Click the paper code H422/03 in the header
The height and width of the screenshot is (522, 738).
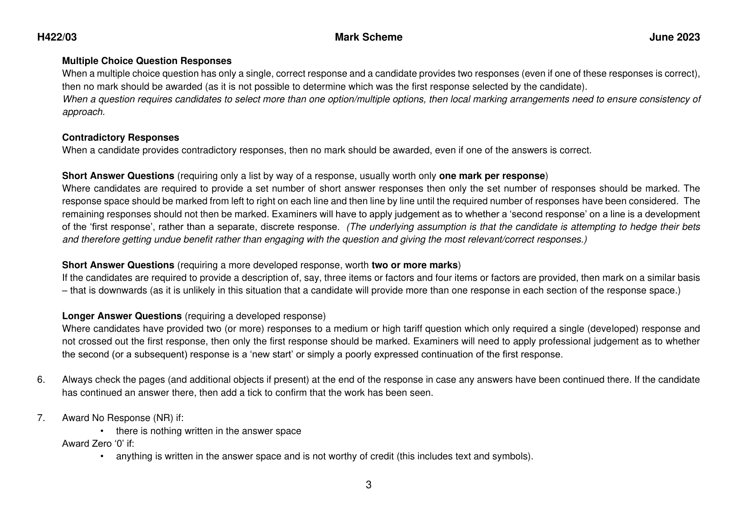[x=57, y=37]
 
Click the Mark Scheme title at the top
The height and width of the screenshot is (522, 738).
[x=369, y=37]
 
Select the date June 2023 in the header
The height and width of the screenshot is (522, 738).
[x=674, y=37]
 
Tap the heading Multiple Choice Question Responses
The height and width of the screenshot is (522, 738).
[x=147, y=61]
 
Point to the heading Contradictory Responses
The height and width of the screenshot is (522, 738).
[x=120, y=137]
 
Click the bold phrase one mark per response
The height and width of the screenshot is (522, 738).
[x=492, y=176]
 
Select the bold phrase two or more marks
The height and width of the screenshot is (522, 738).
[x=414, y=265]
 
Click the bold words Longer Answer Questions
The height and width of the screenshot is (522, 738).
[x=122, y=316]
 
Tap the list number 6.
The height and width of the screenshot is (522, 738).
[x=41, y=380]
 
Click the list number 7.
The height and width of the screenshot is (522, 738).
[x=41, y=418]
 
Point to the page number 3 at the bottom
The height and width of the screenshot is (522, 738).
[x=369, y=485]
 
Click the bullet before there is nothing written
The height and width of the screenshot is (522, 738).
[x=102, y=431]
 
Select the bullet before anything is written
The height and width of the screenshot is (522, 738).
[x=102, y=457]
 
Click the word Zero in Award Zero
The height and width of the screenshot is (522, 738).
[x=103, y=444]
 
